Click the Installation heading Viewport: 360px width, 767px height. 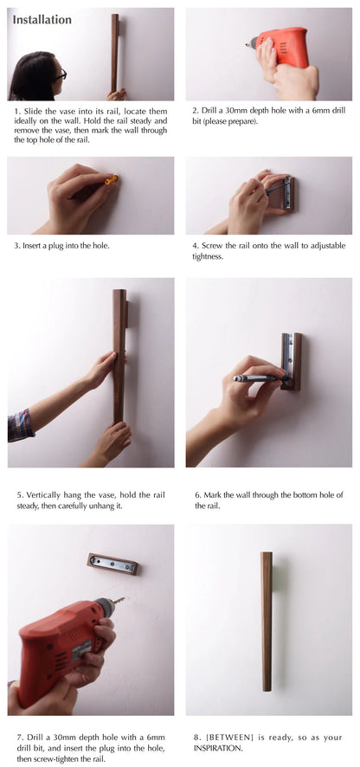tap(42, 19)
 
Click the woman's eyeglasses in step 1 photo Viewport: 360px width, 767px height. tap(59, 76)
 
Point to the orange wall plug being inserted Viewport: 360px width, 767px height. tap(112, 180)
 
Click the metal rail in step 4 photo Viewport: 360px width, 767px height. tap(285, 194)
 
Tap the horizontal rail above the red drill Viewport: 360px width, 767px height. tap(112, 564)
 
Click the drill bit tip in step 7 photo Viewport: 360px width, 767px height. tap(120, 599)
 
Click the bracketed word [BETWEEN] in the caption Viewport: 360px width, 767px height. tap(231, 737)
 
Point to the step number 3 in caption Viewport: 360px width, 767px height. tap(17, 245)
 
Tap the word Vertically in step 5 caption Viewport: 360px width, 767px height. tap(43, 494)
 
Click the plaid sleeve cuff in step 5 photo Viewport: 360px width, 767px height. tap(21, 425)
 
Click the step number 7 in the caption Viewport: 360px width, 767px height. tap(17, 737)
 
